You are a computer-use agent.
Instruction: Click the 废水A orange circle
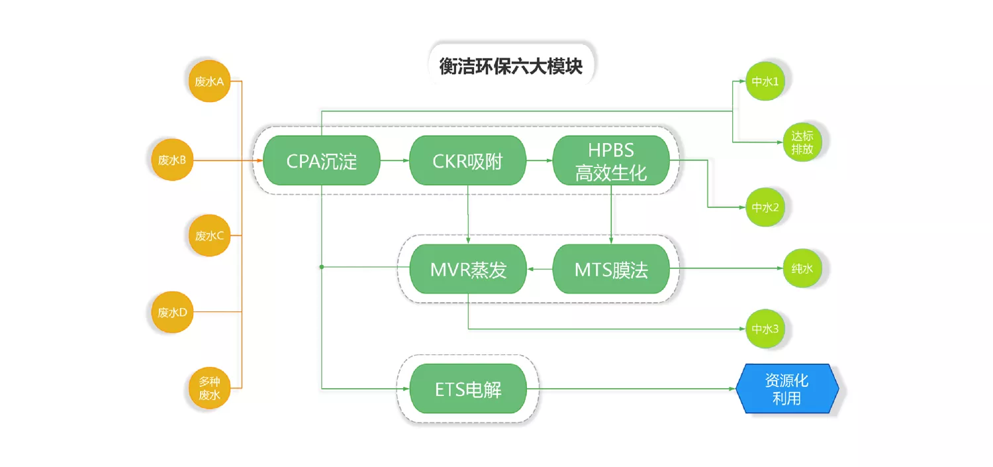click(209, 81)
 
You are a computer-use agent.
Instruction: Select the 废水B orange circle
click(172, 160)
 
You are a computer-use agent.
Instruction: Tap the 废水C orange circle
click(209, 236)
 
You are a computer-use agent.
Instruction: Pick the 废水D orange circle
click(172, 312)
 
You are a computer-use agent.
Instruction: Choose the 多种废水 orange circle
click(209, 388)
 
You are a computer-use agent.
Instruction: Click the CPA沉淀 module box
click(321, 160)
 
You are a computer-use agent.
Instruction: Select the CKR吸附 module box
click(467, 160)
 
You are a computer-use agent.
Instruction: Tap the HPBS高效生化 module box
click(611, 160)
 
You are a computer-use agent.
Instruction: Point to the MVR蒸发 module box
click(468, 269)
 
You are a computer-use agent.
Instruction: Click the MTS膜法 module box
click(611, 269)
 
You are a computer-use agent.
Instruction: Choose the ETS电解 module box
click(468, 389)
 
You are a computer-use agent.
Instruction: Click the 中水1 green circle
click(765, 81)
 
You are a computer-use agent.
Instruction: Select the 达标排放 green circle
click(802, 142)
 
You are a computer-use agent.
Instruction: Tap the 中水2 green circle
click(765, 207)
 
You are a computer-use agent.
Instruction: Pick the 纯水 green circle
click(802, 268)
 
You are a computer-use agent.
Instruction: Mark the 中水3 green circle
click(765, 329)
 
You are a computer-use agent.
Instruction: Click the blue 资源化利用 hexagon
click(787, 389)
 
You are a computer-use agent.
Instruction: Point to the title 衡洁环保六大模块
click(510, 66)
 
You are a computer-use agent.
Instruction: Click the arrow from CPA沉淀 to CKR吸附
click(395, 160)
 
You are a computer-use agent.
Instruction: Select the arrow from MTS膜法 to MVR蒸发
click(540, 269)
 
